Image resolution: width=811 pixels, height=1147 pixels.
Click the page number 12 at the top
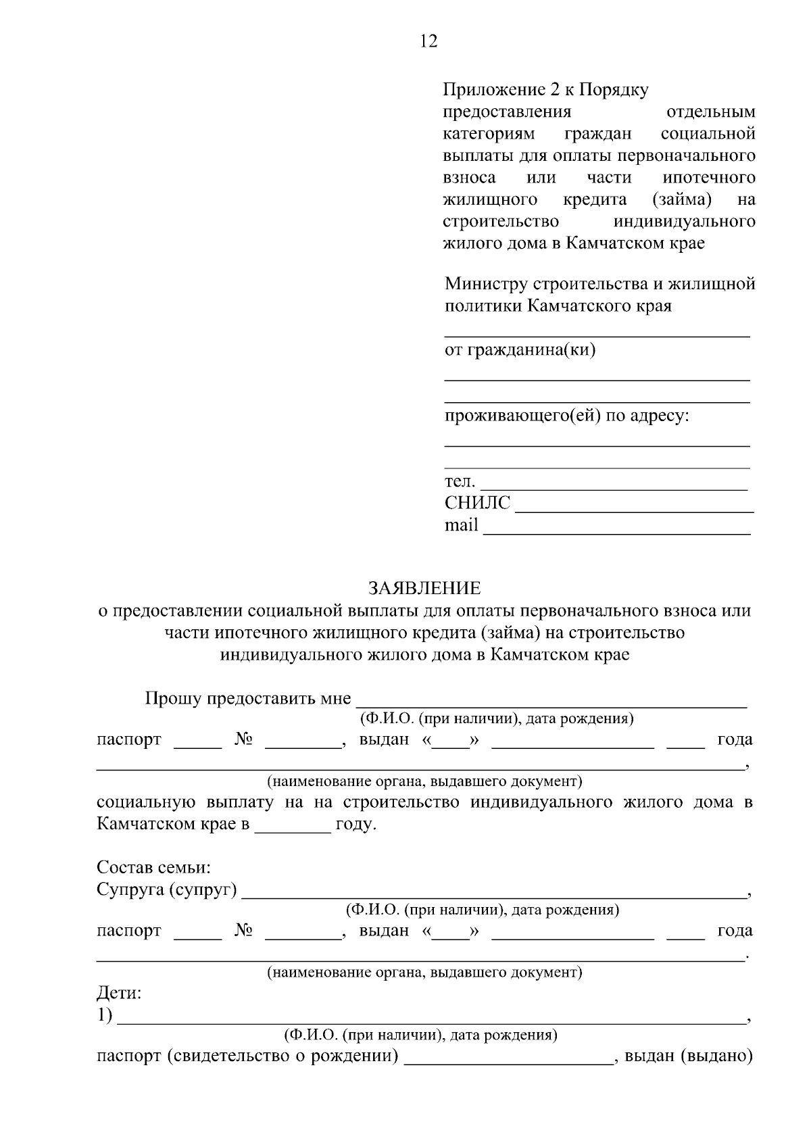click(x=428, y=42)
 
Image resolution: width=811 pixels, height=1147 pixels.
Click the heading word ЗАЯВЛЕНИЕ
click(x=424, y=588)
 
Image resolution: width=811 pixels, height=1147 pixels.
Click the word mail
click(x=461, y=525)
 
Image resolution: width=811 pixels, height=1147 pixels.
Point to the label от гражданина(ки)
click(x=520, y=350)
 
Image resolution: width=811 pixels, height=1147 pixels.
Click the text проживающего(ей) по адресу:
click(x=566, y=416)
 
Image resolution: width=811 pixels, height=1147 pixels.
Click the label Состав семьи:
click(x=154, y=867)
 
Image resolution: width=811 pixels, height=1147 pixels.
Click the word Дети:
click(x=120, y=994)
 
